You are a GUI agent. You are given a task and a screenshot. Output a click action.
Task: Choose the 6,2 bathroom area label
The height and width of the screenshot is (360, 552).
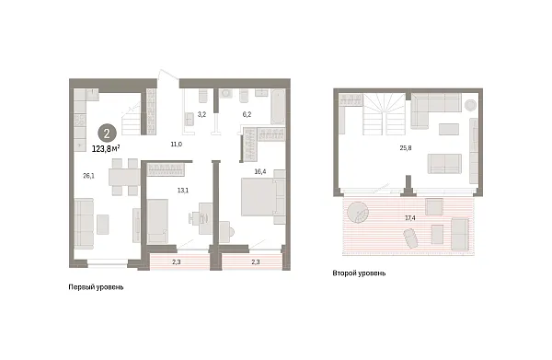coord(247,114)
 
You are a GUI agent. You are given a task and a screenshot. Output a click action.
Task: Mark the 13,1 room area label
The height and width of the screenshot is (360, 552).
coord(182,191)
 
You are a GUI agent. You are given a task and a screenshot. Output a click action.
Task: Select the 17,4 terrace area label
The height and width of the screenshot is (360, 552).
coord(408,218)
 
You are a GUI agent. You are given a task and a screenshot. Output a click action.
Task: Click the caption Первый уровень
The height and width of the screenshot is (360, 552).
coord(96,287)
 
